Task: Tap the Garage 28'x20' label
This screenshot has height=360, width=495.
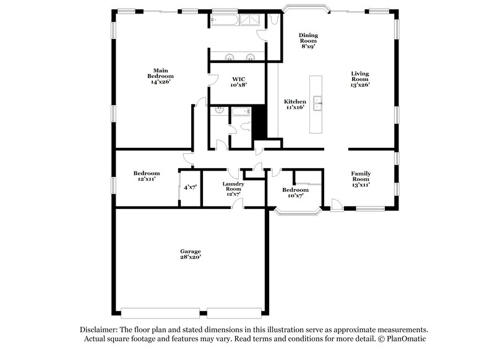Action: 190,254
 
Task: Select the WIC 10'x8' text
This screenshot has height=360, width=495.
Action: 238,82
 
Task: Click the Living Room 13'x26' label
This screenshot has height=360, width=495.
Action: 359,79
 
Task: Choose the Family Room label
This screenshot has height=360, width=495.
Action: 361,179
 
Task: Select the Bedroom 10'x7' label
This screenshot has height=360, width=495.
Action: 295,193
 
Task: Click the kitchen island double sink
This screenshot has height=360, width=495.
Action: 317,104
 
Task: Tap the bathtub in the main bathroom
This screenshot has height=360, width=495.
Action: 222,20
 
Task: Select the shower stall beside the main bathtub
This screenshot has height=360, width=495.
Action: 251,20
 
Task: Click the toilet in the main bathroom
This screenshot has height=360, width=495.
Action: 272,19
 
